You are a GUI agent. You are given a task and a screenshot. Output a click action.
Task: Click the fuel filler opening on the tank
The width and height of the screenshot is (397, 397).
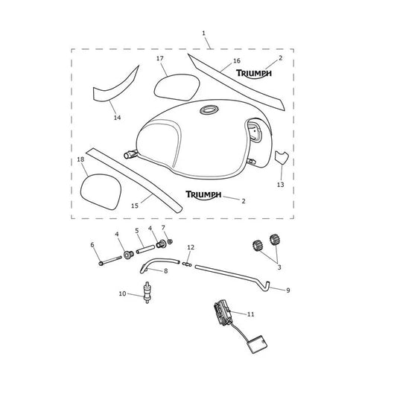(x=209, y=110)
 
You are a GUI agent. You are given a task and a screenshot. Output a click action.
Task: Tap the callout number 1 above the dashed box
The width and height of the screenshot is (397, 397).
(x=204, y=33)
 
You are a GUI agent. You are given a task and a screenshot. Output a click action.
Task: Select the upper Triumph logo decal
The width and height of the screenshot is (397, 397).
(x=254, y=74)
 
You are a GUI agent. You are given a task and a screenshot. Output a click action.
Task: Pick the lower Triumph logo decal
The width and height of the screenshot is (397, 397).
(x=203, y=195)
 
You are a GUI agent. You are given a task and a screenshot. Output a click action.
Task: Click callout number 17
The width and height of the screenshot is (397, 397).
(x=159, y=59)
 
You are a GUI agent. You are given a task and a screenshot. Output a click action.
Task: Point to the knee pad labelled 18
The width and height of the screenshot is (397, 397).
(x=101, y=191)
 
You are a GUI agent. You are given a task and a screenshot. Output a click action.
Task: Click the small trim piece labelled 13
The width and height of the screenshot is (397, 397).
(x=282, y=156)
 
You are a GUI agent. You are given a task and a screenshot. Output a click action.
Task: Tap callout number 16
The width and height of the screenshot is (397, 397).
(x=236, y=61)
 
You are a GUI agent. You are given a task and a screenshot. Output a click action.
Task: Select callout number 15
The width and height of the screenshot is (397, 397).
(x=135, y=206)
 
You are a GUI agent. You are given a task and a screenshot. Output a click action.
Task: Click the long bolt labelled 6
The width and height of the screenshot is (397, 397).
(x=109, y=261)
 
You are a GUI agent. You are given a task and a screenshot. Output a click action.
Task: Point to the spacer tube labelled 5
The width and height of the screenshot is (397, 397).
(x=145, y=249)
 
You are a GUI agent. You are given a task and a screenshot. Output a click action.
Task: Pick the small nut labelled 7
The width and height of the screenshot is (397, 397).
(x=170, y=241)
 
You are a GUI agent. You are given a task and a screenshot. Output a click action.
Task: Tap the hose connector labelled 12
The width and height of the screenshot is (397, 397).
(x=187, y=264)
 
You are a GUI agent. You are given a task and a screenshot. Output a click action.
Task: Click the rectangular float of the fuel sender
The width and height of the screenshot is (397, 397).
(x=257, y=344)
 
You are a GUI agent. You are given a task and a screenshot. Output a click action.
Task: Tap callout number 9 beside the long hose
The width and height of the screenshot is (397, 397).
(x=288, y=290)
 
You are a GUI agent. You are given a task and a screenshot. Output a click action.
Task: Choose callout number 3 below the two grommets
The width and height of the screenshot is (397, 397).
(x=279, y=267)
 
